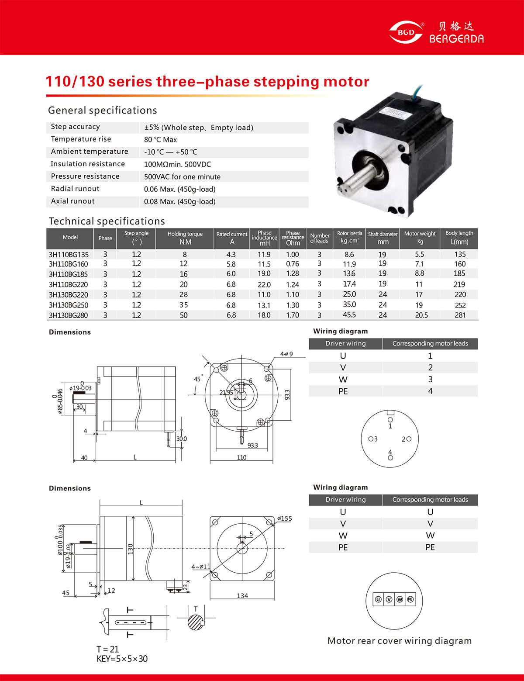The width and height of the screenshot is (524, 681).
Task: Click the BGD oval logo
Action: coord(406,32)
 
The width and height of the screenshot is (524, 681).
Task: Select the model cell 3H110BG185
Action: coord(68,274)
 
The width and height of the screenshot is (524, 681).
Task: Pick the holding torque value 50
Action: coord(184,315)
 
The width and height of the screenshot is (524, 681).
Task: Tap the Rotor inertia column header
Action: coord(349,237)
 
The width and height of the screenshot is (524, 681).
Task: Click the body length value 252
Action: coord(460,305)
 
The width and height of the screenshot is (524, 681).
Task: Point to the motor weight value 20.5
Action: coord(421,315)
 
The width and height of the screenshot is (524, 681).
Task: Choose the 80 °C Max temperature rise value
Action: coord(161,140)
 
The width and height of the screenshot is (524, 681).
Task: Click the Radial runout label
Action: coord(75,189)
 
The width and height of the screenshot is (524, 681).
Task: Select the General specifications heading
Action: coord(103,111)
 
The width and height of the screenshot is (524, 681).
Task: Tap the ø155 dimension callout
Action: coord(284,519)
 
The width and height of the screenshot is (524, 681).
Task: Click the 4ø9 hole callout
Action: coord(286,354)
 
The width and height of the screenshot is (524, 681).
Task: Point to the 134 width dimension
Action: coord(242,595)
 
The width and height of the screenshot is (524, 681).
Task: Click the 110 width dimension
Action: coord(241,457)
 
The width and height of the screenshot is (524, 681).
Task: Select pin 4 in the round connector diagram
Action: coord(390,457)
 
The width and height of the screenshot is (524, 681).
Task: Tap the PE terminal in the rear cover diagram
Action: coord(410,599)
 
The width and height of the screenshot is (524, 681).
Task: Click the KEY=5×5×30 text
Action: coord(122,659)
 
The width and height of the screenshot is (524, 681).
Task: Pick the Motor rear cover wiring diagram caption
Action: coord(400,641)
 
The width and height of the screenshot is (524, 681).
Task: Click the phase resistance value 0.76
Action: coord(293,264)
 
